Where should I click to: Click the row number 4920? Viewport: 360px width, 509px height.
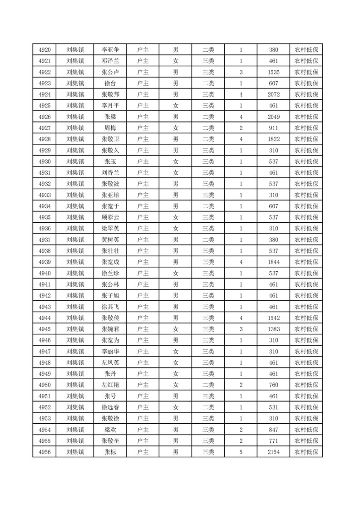pyautogui.click(x=44, y=50)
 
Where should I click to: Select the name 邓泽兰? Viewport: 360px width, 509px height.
pyautogui.click(x=110, y=61)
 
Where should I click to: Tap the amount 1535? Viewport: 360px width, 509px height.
pyautogui.click(x=273, y=72)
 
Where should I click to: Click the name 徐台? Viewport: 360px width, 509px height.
pyautogui.click(x=110, y=83)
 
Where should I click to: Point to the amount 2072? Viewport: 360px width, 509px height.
pyautogui.click(x=273, y=94)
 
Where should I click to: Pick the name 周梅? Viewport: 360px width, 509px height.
pyautogui.click(x=110, y=128)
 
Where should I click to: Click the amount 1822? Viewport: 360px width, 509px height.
pyautogui.click(x=273, y=139)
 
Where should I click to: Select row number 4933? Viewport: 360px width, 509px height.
pyautogui.click(x=44, y=195)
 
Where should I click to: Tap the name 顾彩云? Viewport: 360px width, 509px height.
pyautogui.click(x=110, y=217)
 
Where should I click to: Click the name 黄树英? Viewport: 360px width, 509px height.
pyautogui.click(x=110, y=240)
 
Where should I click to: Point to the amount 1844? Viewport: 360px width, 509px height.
pyautogui.click(x=273, y=262)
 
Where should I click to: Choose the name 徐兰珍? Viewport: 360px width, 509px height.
pyautogui.click(x=110, y=273)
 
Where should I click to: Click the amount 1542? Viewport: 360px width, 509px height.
pyautogui.click(x=273, y=318)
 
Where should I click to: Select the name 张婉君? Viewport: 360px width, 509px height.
pyautogui.click(x=110, y=329)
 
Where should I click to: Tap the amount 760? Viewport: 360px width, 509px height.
pyautogui.click(x=273, y=385)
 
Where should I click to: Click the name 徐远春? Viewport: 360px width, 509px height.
pyautogui.click(x=110, y=407)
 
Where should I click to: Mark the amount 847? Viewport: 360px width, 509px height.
pyautogui.click(x=273, y=429)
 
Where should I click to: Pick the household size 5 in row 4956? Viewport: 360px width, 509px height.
pyautogui.click(x=241, y=452)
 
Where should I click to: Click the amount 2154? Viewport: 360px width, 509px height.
pyautogui.click(x=273, y=452)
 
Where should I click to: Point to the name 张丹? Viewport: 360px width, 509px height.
pyautogui.click(x=110, y=373)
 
